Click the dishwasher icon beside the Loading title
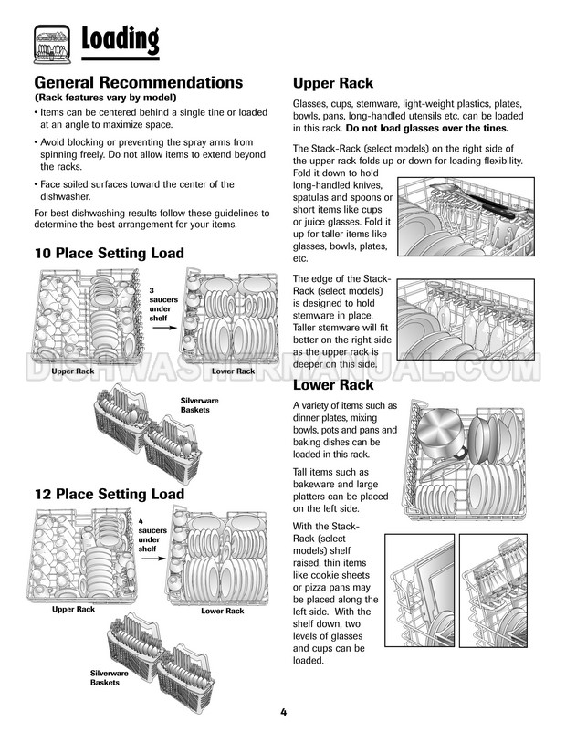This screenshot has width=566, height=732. pyautogui.click(x=52, y=42)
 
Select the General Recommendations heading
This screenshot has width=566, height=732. pyautogui.click(x=138, y=82)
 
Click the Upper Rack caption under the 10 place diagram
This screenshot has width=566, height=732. pyautogui.click(x=73, y=371)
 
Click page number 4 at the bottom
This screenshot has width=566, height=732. pyautogui.click(x=284, y=712)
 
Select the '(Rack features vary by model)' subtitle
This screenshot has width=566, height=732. pyautogui.click(x=105, y=98)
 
